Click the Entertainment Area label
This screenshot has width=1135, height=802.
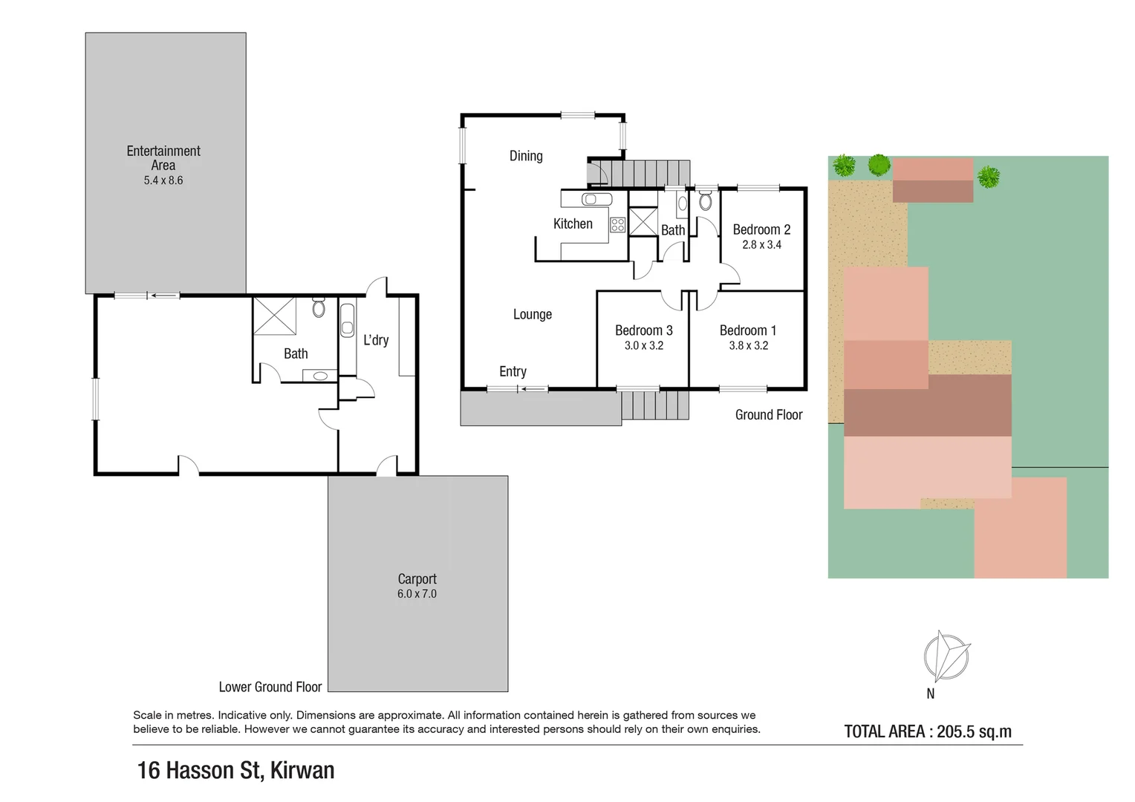tap(163, 157)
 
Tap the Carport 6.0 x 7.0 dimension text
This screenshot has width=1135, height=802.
tap(417, 594)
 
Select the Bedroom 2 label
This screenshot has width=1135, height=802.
tap(761, 229)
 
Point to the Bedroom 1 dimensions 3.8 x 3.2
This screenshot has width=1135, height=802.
tap(748, 345)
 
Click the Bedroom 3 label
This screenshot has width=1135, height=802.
tap(643, 330)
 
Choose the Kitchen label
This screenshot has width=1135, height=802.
tap(573, 224)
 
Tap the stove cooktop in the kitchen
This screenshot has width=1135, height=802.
tap(617, 224)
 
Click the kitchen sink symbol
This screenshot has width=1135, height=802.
tap(596, 199)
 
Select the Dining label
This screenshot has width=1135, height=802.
tap(526, 156)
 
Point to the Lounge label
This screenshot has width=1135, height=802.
tap(533, 314)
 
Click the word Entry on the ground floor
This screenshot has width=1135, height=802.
tap(513, 371)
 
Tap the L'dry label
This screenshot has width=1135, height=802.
tap(376, 340)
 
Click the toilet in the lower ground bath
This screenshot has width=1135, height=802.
tap(319, 307)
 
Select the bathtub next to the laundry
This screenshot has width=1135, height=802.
tap(347, 319)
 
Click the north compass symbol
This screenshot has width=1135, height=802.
tap(946, 656)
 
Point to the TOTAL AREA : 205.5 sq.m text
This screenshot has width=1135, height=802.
tap(928, 731)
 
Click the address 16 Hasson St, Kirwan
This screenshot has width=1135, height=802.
tap(235, 770)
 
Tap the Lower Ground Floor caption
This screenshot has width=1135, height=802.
tap(270, 687)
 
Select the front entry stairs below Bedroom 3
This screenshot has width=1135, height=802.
tap(655, 405)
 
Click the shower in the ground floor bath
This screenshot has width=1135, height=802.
tap(643, 222)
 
